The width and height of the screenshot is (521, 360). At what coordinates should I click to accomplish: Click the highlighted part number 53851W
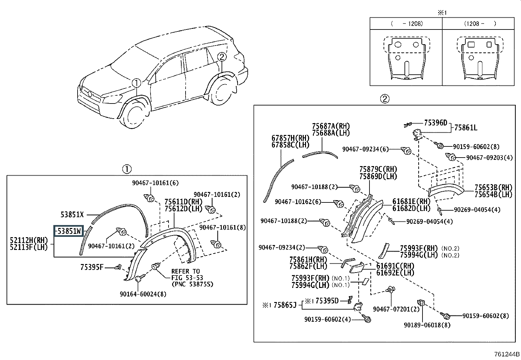click(69, 231)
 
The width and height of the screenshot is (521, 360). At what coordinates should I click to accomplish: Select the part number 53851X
click(72, 215)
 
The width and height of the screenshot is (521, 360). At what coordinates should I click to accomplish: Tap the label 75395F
click(92, 267)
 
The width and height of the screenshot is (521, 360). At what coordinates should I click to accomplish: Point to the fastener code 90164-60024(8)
click(143, 294)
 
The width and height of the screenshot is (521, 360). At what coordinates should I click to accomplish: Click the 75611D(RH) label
click(184, 202)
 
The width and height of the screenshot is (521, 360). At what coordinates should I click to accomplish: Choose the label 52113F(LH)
click(28, 247)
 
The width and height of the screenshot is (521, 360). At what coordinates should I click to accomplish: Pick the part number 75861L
click(466, 128)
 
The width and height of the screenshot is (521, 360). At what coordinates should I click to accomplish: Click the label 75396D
click(436, 123)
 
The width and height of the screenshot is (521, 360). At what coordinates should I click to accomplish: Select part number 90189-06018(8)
click(427, 325)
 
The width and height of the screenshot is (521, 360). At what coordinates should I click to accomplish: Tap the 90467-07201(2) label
click(396, 309)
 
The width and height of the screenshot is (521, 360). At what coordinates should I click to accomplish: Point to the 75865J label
click(285, 305)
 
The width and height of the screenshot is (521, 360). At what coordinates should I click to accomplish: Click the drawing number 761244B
click(507, 354)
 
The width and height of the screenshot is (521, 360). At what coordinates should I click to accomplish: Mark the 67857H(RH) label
click(291, 138)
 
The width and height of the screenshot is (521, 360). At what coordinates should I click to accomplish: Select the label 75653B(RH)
click(493, 187)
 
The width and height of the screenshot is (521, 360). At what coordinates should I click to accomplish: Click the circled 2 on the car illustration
click(222, 57)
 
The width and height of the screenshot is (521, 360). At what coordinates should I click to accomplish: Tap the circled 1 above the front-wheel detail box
click(127, 169)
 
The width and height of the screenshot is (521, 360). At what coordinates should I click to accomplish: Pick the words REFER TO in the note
click(186, 271)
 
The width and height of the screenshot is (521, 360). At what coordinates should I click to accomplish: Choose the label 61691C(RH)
click(395, 266)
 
